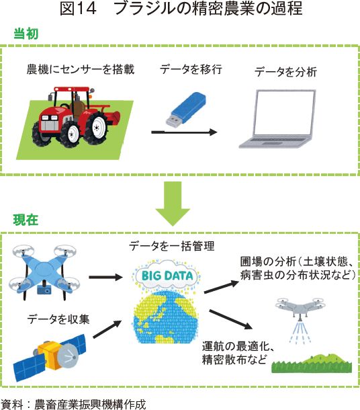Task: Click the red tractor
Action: point(76,116)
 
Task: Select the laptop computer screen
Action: point(285,114)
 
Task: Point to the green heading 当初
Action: point(26,34)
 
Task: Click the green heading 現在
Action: point(26,220)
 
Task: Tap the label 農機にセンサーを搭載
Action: point(81,69)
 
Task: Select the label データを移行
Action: point(191,69)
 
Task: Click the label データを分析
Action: point(285,72)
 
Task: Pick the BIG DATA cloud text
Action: point(167,276)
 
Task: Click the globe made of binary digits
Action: point(165,317)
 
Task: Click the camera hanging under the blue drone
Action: point(44,290)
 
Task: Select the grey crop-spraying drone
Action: point(301,308)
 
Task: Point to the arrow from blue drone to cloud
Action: point(105,277)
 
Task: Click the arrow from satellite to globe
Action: point(107,329)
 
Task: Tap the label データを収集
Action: point(58,319)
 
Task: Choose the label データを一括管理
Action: point(172,246)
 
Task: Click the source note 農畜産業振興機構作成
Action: point(90,404)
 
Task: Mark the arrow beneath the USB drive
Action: point(185,132)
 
